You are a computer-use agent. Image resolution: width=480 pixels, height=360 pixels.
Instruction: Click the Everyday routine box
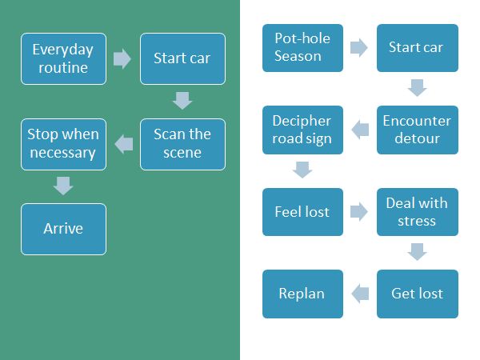click(64, 58)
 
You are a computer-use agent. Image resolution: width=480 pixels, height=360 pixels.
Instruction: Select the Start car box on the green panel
click(182, 58)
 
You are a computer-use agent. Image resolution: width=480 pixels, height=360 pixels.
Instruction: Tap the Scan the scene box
click(182, 144)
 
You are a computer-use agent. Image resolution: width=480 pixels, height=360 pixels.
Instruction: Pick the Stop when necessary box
click(64, 144)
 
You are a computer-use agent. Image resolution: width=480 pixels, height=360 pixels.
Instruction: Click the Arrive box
click(64, 229)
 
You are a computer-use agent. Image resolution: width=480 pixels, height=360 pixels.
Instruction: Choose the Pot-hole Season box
click(302, 48)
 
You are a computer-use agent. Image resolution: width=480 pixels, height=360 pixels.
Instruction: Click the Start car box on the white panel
click(418, 48)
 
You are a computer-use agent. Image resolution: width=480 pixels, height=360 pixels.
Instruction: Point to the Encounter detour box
click(418, 130)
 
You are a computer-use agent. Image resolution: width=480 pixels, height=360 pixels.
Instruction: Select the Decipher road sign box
click(302, 130)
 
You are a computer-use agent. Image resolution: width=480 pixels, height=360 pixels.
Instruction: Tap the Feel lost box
click(302, 212)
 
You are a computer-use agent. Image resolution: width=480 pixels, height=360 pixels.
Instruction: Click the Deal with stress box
click(418, 212)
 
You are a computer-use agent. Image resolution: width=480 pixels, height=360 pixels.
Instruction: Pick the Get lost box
click(418, 294)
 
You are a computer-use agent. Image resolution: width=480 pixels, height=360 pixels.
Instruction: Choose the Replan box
click(302, 294)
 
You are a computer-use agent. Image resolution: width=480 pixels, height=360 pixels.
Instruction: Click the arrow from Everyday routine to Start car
click(122, 58)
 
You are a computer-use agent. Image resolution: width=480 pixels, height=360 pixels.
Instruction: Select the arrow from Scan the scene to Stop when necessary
click(124, 144)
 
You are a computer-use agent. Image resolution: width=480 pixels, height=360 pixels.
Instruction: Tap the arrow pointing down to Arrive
click(63, 186)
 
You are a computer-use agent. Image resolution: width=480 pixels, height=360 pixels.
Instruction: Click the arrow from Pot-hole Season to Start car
click(359, 48)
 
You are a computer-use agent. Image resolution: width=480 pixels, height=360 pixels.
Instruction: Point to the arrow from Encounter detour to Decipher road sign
click(360, 130)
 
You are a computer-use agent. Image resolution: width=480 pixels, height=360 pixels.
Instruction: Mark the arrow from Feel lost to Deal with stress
click(359, 211)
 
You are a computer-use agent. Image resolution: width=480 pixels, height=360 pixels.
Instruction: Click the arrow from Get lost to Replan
click(360, 294)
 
